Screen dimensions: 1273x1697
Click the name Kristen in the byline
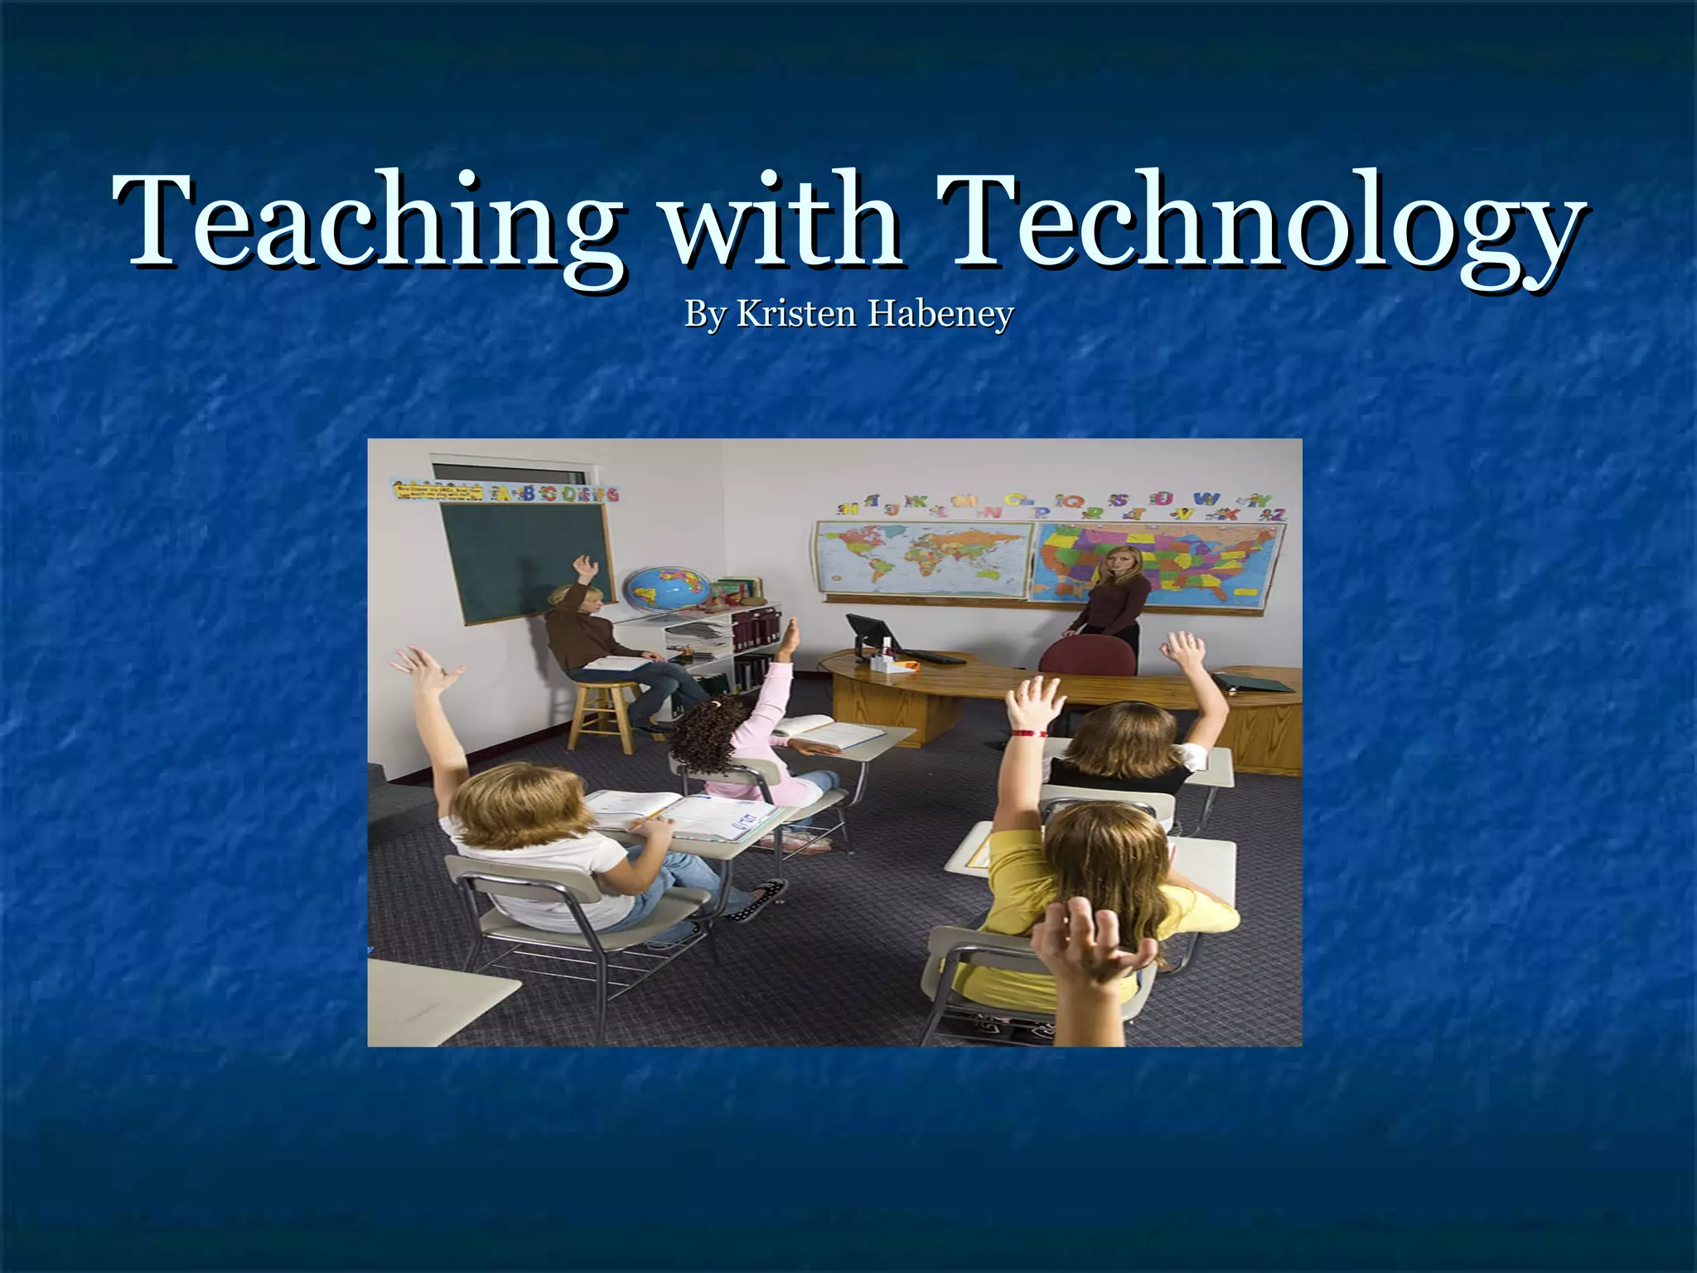(x=795, y=314)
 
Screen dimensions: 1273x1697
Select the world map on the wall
(x=923, y=558)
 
